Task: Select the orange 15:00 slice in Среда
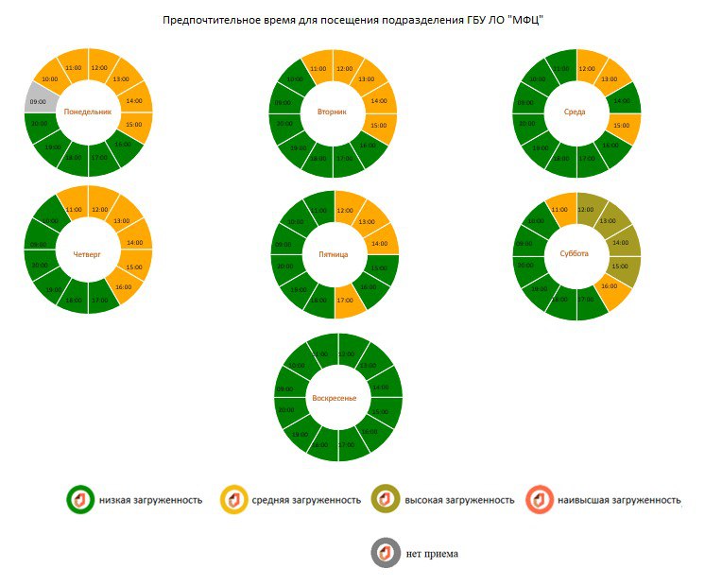pos(622,125)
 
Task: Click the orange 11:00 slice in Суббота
pos(559,210)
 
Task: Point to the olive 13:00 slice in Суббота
pos(607,221)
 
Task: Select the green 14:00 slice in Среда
pos(622,100)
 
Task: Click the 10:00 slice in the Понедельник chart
pos(50,79)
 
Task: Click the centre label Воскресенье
pos(335,398)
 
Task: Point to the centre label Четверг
pos(87,254)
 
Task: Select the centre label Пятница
pos(333,254)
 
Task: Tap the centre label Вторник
pos(333,112)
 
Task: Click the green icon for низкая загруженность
pos(79,499)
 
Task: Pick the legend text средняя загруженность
pos(306,500)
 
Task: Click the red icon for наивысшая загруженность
pos(540,499)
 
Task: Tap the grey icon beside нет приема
pos(386,553)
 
